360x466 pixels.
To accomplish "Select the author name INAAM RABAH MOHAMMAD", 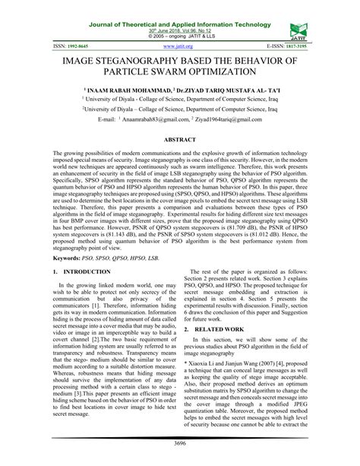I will tap(129, 89).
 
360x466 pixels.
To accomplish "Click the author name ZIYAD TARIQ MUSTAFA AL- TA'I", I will tap(225, 89).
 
